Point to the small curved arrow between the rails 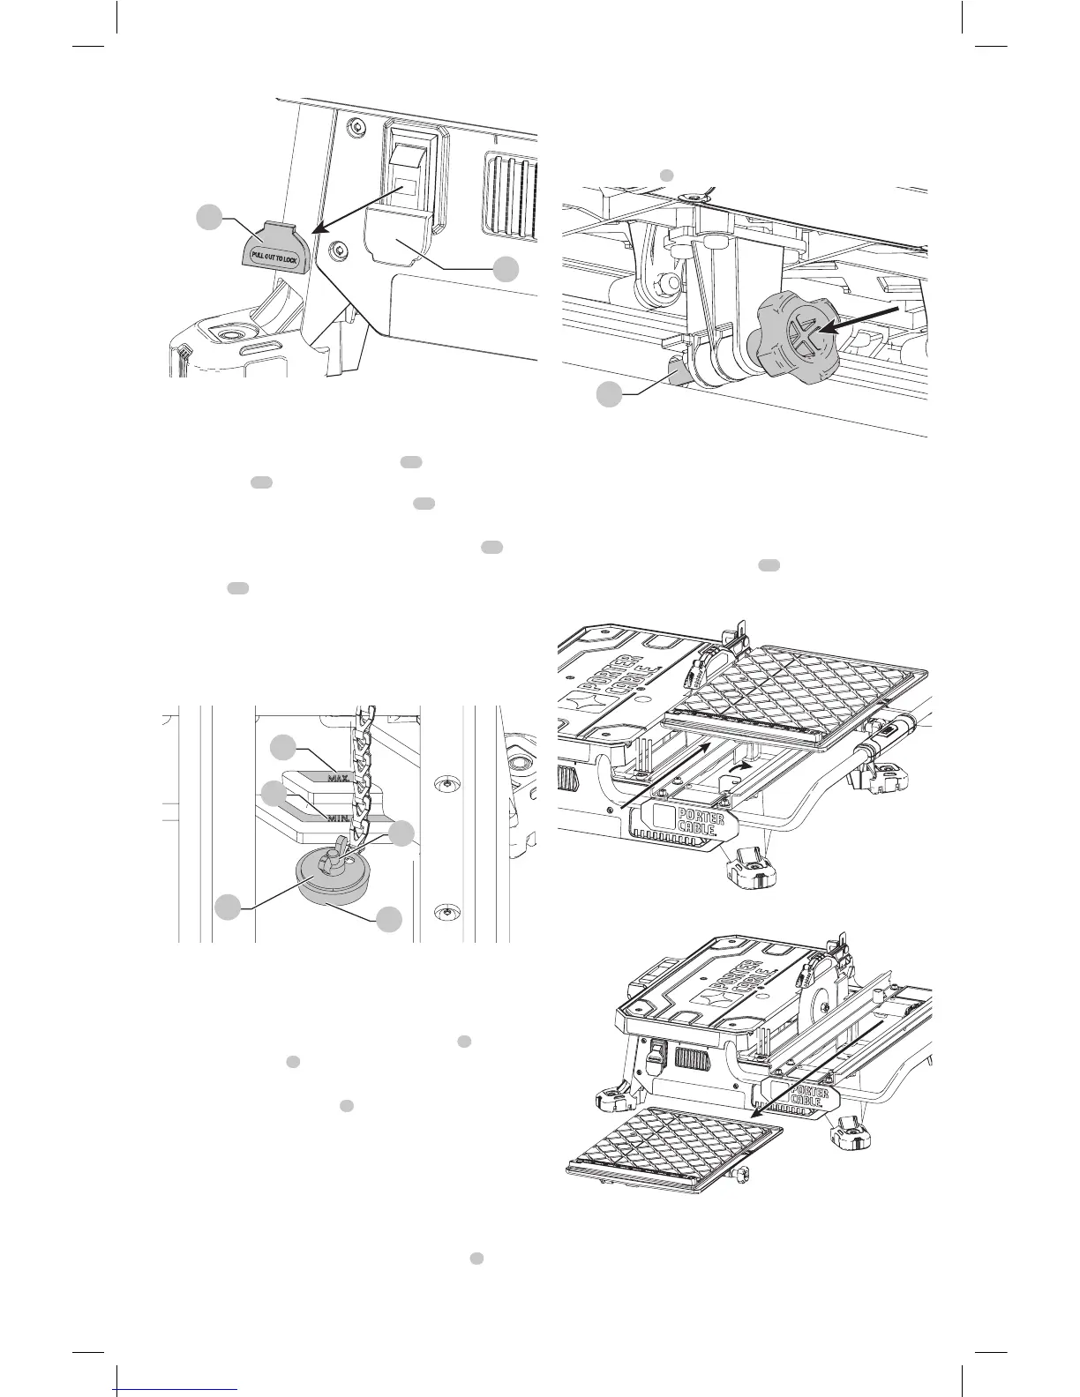(x=745, y=768)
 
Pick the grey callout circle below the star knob (x=608, y=394)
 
